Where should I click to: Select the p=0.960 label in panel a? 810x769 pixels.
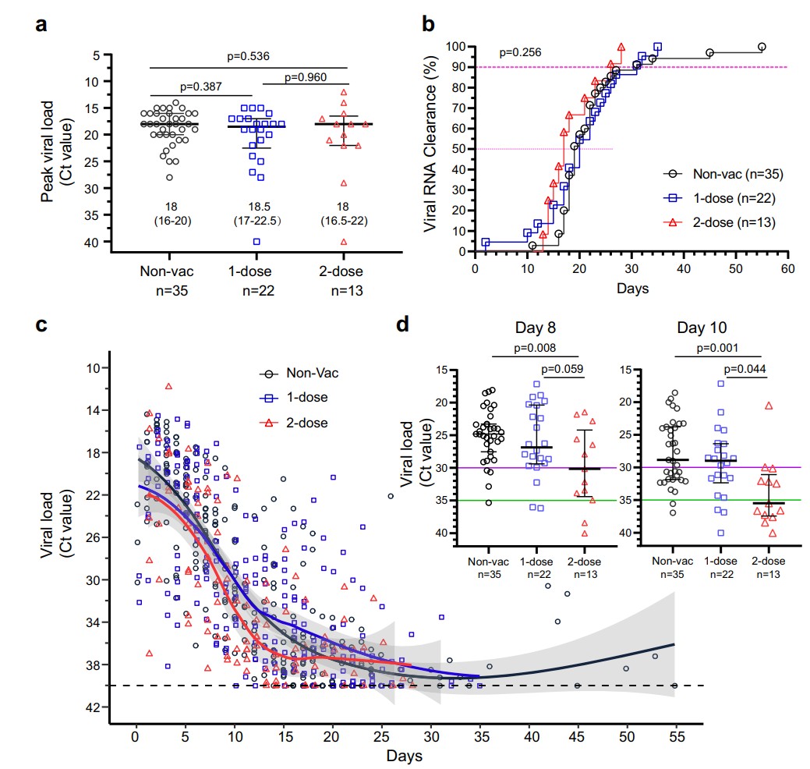tap(306, 77)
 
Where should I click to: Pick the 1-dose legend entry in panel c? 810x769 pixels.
tap(306, 398)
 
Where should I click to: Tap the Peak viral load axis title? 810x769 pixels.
tap(48, 151)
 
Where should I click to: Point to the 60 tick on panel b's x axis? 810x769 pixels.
tap(787, 268)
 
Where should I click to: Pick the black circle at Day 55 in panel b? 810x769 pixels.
tap(762, 47)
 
